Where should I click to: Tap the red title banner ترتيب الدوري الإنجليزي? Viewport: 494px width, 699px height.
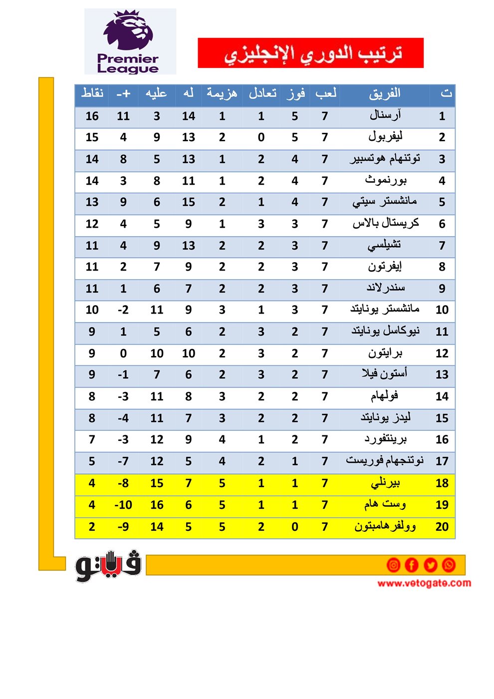[x=310, y=53]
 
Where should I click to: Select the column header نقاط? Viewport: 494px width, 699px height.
[x=92, y=93]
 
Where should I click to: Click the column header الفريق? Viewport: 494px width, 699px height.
[x=385, y=93]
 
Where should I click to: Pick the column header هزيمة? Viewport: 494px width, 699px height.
[x=222, y=93]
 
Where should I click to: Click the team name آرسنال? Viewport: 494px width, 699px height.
[x=385, y=116]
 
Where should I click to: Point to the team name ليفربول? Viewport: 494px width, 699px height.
[x=385, y=137]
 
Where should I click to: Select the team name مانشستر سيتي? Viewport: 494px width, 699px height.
[x=385, y=202]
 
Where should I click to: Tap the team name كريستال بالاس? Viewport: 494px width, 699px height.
[x=385, y=224]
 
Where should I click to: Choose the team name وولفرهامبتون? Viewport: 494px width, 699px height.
[x=385, y=527]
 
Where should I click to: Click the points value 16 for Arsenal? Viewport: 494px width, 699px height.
[x=92, y=116]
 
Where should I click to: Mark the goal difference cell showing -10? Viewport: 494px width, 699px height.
[x=123, y=505]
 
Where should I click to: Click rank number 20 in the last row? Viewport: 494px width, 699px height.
[x=442, y=527]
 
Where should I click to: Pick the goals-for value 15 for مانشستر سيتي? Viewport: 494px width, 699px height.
[x=189, y=202]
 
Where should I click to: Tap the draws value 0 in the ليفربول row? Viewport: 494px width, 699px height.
[x=261, y=137]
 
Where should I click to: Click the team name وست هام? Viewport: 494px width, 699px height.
[x=385, y=505]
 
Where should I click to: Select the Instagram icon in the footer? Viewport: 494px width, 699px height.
[x=393, y=565]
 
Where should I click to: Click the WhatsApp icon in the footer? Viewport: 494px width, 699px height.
[x=449, y=565]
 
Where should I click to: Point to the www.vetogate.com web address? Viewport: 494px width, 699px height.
[x=424, y=583]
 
